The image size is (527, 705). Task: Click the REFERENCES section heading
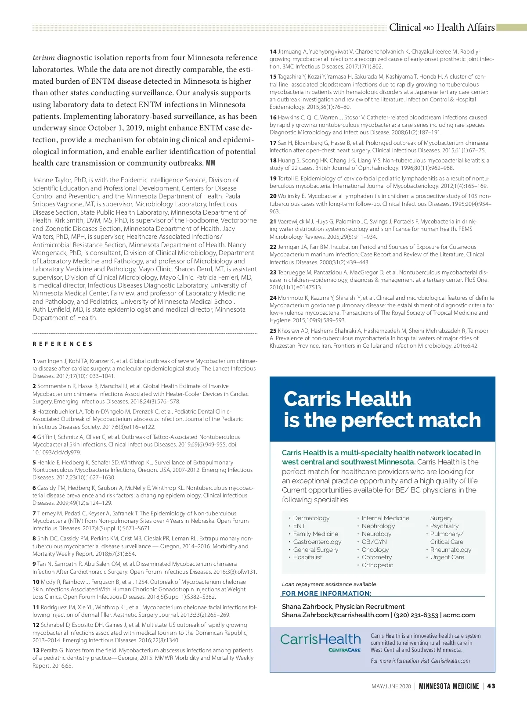point(62,344)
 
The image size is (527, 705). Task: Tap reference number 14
point(273,52)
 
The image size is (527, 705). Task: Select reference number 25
point(273,331)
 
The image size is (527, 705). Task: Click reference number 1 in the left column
point(34,361)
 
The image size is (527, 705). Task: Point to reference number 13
point(36,650)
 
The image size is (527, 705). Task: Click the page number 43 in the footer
point(491,686)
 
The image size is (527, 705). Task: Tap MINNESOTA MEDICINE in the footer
point(448,686)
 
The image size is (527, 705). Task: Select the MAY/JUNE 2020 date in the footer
point(391,687)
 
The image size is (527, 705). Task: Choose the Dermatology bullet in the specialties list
point(311,518)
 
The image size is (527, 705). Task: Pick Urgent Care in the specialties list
point(447,557)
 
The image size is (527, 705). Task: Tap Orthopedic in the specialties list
point(377,565)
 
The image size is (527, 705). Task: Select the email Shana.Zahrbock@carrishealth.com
point(335,615)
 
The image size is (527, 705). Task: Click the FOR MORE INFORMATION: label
point(326,593)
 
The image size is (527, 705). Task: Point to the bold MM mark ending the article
point(210,163)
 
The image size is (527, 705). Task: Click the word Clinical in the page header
point(404,27)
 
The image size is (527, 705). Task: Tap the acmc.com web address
point(459,615)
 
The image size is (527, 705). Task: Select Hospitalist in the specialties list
point(307,557)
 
